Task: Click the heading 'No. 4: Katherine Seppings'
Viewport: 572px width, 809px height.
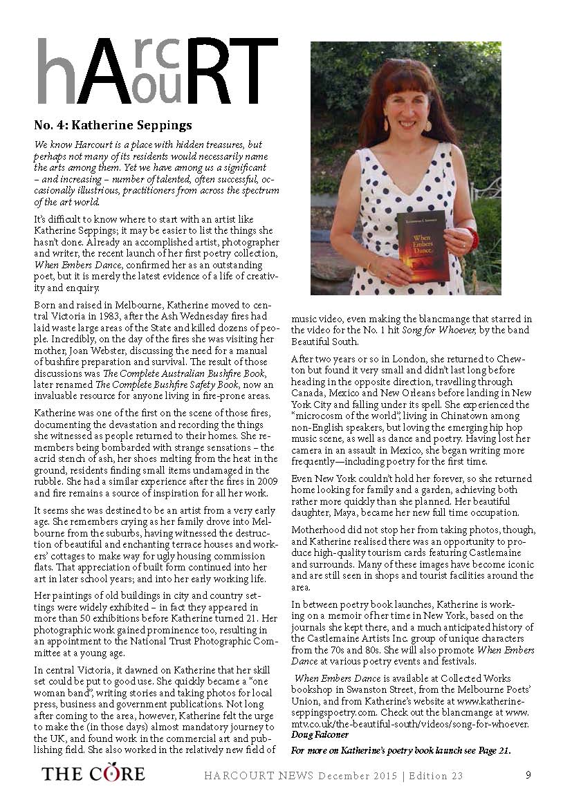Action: [113, 125]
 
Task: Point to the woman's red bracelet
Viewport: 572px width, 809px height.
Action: [472, 239]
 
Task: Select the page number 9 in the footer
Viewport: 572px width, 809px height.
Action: [528, 775]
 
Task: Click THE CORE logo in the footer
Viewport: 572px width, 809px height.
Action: [93, 774]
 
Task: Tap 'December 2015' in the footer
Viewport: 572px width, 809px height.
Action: [358, 776]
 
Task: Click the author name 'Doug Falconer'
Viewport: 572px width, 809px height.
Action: [320, 734]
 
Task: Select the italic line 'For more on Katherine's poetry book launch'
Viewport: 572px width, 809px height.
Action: [400, 750]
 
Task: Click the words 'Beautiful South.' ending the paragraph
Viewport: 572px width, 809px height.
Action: [325, 342]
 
